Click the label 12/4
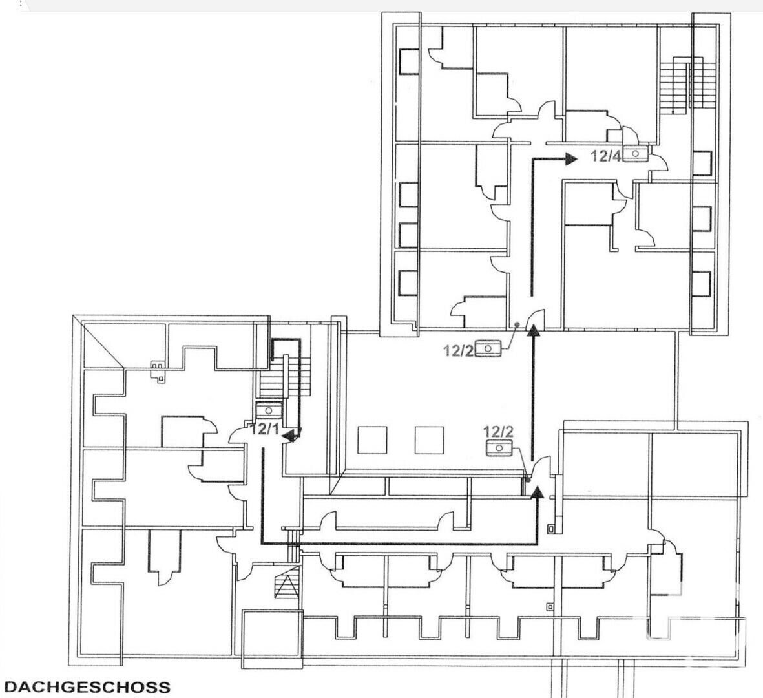point(605,156)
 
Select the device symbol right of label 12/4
point(635,154)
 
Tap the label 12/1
point(265,429)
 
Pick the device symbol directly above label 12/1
point(269,410)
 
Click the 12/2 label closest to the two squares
point(498,431)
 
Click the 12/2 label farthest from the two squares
point(459,350)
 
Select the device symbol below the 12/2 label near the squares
point(499,448)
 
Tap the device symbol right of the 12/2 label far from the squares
point(488,349)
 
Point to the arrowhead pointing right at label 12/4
point(571,159)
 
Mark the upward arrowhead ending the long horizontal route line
point(537,492)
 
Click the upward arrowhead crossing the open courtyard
point(534,330)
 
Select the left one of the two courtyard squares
point(372,440)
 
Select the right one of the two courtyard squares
point(429,440)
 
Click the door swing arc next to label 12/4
point(660,163)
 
